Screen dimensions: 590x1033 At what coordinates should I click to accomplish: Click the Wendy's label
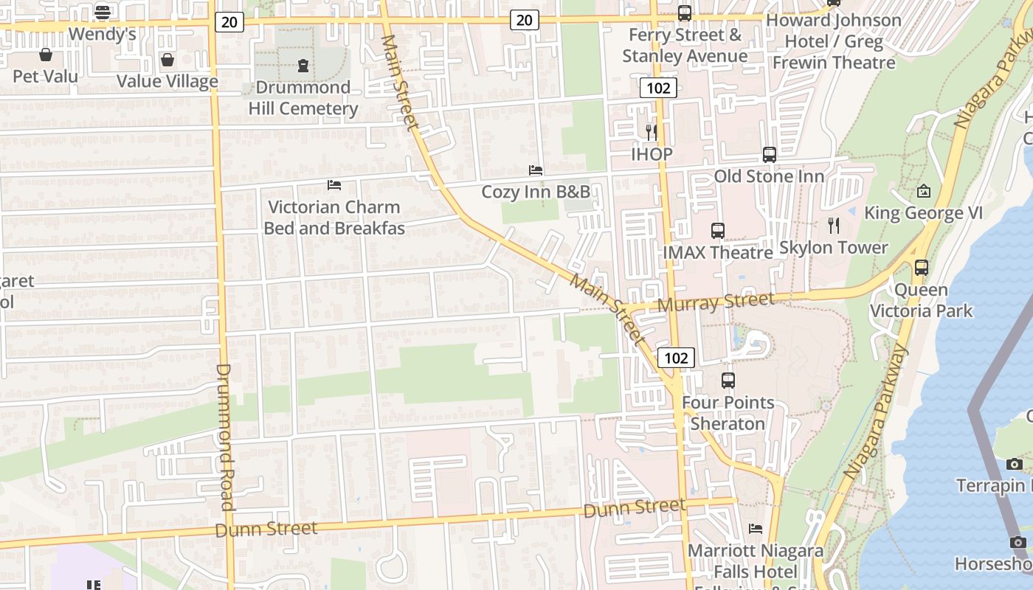pyautogui.click(x=103, y=34)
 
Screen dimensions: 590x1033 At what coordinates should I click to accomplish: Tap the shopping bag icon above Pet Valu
pyautogui.click(x=46, y=55)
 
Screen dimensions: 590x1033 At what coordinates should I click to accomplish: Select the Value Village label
pyautogui.click(x=167, y=81)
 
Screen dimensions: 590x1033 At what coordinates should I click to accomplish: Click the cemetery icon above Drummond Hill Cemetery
pyautogui.click(x=303, y=66)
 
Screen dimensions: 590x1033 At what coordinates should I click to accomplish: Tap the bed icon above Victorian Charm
pyautogui.click(x=334, y=185)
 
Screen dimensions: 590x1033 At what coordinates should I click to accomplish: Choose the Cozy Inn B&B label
pyautogui.click(x=536, y=192)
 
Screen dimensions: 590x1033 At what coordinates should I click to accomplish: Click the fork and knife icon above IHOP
pyautogui.click(x=651, y=132)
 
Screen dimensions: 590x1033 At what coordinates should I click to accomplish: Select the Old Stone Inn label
pyautogui.click(x=769, y=176)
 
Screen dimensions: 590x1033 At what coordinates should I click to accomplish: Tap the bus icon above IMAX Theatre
pyautogui.click(x=717, y=231)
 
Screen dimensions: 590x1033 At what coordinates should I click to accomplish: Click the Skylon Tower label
pyautogui.click(x=834, y=248)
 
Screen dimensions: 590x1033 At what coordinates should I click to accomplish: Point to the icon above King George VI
pyautogui.click(x=923, y=192)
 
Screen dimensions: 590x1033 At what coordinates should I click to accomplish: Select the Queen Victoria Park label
pyautogui.click(x=922, y=300)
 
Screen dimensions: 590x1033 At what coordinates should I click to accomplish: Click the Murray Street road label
pyautogui.click(x=716, y=302)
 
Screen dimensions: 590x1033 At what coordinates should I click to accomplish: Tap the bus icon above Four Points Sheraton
pyautogui.click(x=728, y=381)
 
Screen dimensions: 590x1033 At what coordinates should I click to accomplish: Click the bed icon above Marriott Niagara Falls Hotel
pyautogui.click(x=756, y=528)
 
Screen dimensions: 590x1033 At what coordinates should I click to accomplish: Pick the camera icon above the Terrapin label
pyautogui.click(x=1015, y=464)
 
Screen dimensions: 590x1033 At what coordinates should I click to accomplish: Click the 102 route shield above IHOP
pyautogui.click(x=657, y=88)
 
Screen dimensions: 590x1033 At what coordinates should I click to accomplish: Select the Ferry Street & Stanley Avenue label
pyautogui.click(x=684, y=46)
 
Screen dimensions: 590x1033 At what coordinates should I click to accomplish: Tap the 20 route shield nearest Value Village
pyautogui.click(x=229, y=22)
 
